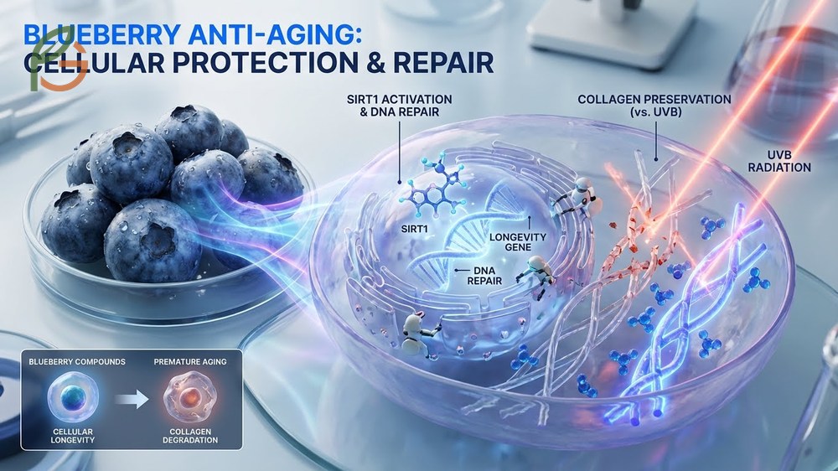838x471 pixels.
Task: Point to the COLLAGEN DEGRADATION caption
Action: click(189, 437)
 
